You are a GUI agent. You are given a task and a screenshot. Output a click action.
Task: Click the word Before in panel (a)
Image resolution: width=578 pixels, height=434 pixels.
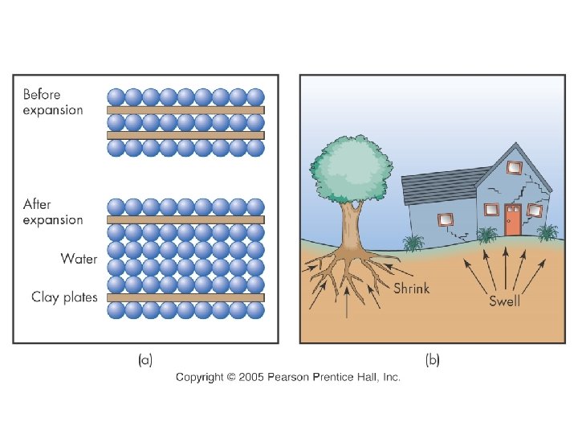click(41, 95)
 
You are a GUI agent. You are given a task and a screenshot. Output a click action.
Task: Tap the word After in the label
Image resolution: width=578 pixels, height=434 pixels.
click(37, 205)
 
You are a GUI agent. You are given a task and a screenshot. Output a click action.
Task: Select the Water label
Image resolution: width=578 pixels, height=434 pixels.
click(78, 259)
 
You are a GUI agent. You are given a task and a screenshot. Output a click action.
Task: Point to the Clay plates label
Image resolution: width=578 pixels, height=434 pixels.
click(64, 297)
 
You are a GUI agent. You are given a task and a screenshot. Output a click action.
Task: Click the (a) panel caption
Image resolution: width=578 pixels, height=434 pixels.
click(145, 361)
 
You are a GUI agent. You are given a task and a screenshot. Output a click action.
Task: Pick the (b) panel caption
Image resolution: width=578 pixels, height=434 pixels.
click(433, 361)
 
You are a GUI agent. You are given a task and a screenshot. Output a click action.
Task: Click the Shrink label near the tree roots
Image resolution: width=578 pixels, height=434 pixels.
click(411, 289)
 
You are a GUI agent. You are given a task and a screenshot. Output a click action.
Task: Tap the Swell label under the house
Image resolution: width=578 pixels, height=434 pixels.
click(505, 301)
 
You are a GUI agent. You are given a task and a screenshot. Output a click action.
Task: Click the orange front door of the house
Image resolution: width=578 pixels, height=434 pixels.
click(513, 219)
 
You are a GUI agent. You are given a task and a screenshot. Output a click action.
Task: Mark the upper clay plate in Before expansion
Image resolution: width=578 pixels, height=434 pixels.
click(185, 109)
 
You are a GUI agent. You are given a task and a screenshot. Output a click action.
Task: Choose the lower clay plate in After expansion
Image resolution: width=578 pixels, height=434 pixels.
click(185, 297)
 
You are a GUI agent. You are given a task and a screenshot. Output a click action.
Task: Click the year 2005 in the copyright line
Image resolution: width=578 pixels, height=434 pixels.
click(253, 377)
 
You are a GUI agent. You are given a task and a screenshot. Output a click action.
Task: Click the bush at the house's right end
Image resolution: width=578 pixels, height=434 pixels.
click(547, 232)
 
